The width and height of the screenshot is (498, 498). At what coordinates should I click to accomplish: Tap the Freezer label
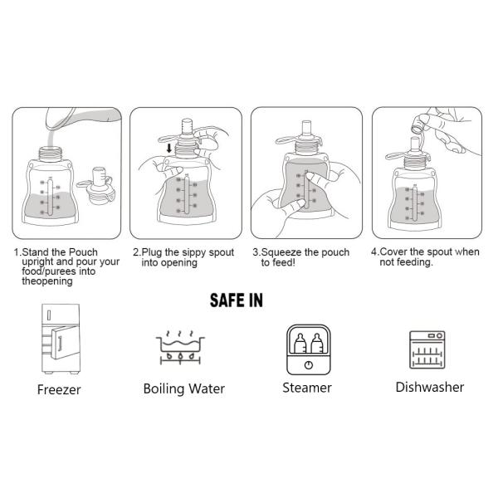point(60,389)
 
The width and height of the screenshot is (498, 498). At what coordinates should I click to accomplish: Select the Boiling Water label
point(183,388)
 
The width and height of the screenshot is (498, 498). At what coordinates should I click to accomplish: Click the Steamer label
point(306,388)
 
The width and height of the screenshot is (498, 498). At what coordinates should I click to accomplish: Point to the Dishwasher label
point(429,387)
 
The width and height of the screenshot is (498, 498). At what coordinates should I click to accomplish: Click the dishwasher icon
point(429,349)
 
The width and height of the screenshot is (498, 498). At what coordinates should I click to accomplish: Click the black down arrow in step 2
point(170,149)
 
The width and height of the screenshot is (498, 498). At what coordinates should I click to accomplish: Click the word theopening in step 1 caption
point(47,281)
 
